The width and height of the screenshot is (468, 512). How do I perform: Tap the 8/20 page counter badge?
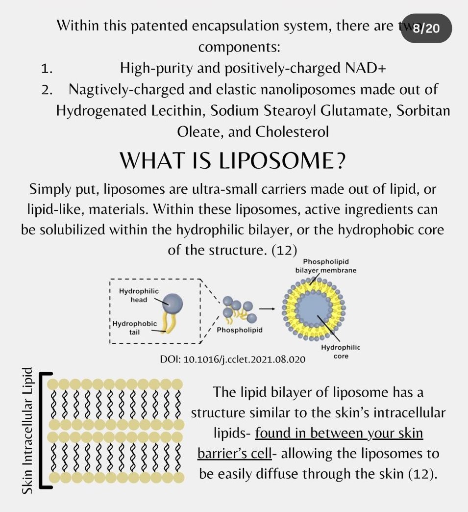426,28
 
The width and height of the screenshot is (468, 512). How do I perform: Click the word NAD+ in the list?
363,69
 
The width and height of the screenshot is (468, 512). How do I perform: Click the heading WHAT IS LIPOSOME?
233,160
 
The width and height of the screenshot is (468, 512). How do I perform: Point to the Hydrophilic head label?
139,295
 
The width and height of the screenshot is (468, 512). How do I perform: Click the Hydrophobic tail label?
135,328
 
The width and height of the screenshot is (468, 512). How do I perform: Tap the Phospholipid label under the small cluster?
239,330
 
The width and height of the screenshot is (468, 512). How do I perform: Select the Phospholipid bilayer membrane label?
325,266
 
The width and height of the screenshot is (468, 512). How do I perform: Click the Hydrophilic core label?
341,352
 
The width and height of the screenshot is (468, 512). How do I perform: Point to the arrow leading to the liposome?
267,308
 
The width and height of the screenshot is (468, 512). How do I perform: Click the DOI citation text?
233,359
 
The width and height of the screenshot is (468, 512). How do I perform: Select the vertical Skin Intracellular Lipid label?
27,431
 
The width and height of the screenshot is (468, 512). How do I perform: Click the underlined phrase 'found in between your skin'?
339,434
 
